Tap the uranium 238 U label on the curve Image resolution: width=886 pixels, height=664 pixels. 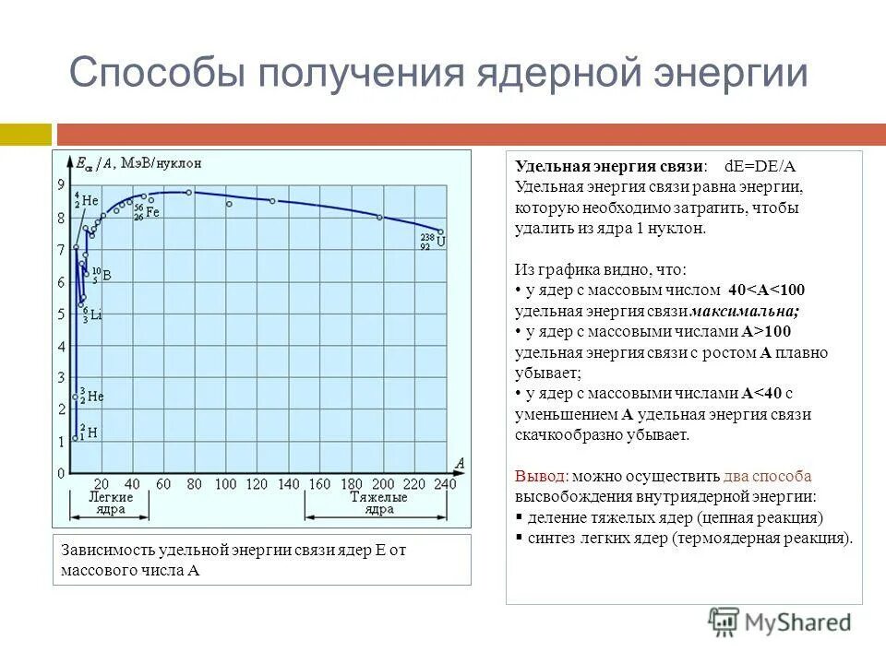coord(435,243)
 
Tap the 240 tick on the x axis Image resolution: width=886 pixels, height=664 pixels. coord(445,483)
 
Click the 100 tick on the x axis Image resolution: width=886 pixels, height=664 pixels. coord(226,483)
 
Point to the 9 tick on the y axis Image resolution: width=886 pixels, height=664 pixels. coord(62,185)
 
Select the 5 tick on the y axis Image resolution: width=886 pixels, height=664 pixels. coord(62,314)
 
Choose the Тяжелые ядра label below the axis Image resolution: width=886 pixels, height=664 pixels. coord(378,503)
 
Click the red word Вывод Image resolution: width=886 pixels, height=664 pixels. coord(541,477)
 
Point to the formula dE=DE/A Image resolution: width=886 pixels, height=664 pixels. coord(760,166)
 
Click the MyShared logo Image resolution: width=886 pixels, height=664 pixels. coord(780,622)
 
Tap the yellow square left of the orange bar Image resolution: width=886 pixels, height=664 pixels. coord(26,135)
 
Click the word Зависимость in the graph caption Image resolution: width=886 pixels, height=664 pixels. coord(108,551)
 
